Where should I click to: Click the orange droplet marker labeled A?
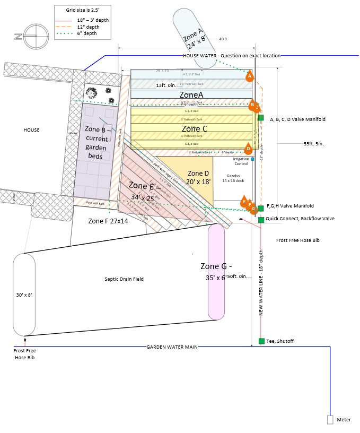coord(249,76)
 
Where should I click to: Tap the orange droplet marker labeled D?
coord(248,149)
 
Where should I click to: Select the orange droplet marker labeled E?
coord(244,202)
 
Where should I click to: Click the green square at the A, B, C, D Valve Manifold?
coord(261,118)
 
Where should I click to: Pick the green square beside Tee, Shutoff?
coord(261,341)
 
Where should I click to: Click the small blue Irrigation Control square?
coord(252,159)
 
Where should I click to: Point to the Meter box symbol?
coord(330,420)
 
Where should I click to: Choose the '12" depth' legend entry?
coord(89,26)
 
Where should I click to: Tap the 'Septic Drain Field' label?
coord(124,279)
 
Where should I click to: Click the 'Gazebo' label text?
coord(233,175)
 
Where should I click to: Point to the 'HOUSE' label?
coord(31,129)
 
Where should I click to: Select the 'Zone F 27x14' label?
coord(108,221)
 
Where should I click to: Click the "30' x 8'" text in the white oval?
coord(24,295)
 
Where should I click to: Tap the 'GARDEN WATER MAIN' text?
coord(172,347)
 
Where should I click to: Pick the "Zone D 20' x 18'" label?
coord(199,177)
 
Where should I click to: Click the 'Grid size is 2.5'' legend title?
coord(83,11)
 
